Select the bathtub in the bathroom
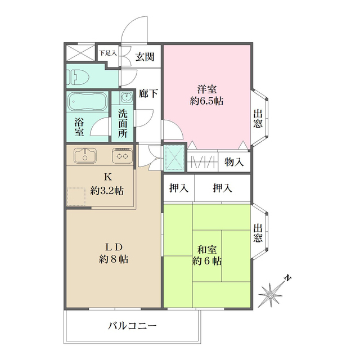88,104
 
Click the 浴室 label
80,126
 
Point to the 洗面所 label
123,123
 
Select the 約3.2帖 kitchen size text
107,190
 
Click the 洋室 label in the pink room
206,89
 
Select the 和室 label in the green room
206,249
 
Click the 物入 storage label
234,163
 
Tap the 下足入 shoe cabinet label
107,53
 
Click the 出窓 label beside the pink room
258,119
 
